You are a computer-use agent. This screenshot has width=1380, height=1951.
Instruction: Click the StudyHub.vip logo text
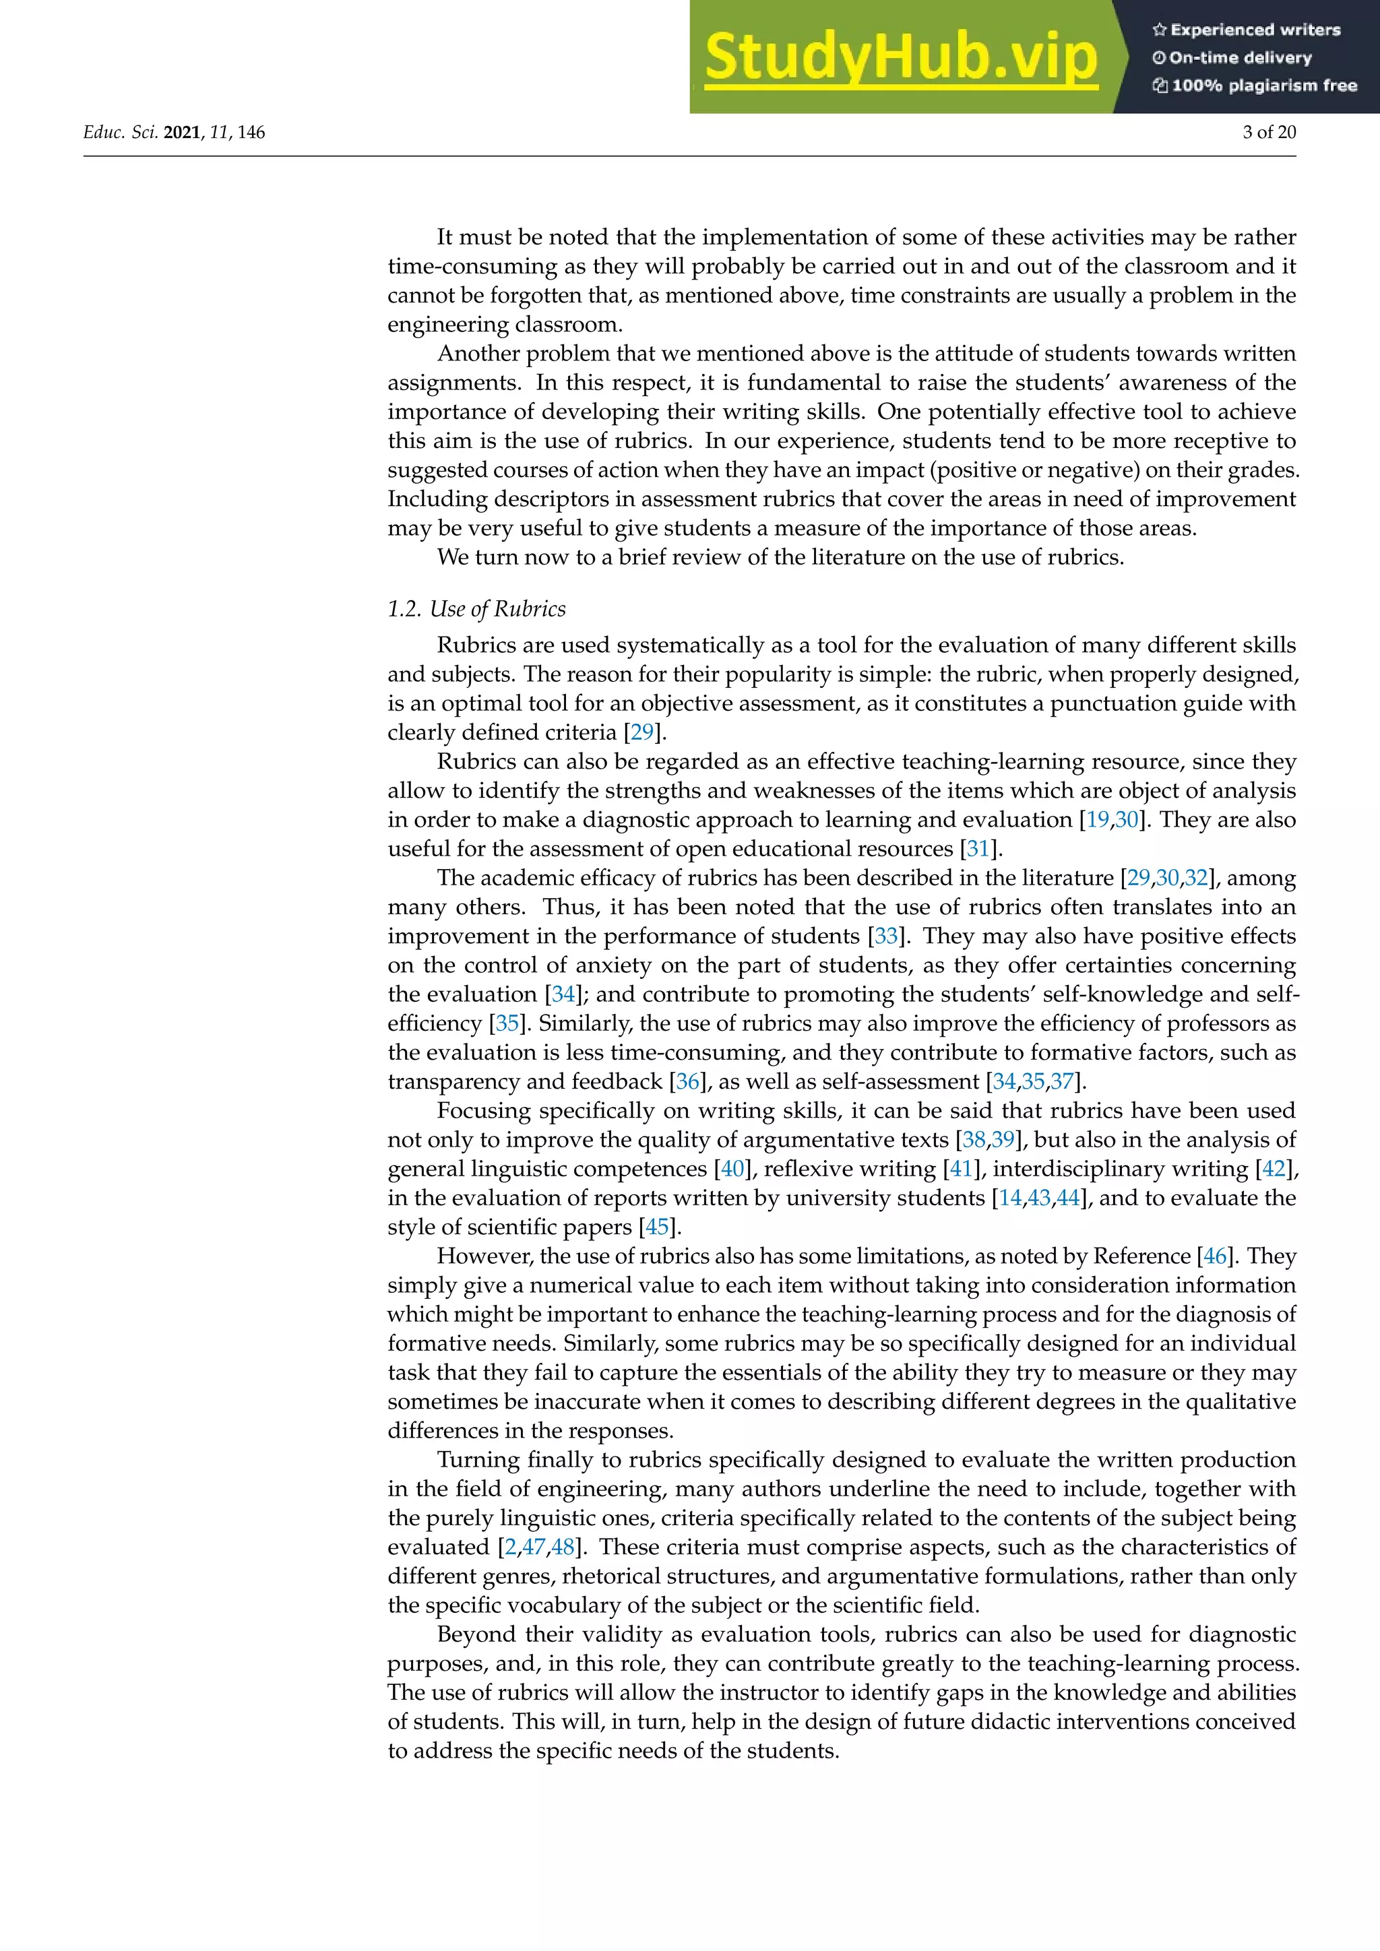[x=901, y=58]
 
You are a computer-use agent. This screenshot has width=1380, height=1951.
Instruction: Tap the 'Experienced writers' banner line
[x=1247, y=30]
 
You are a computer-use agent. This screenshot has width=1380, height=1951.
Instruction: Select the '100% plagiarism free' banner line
[x=1255, y=85]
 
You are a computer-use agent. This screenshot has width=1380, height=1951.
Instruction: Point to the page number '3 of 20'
[x=1269, y=132]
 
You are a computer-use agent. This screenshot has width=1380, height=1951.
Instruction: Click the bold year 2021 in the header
[x=182, y=132]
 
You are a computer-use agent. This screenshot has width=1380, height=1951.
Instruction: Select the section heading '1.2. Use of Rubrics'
[x=476, y=608]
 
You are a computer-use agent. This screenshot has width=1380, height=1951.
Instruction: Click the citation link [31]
[x=978, y=848]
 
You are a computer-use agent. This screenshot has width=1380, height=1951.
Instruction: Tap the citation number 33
[x=886, y=936]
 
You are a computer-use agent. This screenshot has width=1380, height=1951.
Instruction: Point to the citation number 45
[x=657, y=1226]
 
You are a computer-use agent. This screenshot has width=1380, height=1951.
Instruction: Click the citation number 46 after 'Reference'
[x=1215, y=1256]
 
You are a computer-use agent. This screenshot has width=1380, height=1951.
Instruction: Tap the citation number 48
[x=563, y=1547]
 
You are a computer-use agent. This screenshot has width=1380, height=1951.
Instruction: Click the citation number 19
[x=1097, y=819]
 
